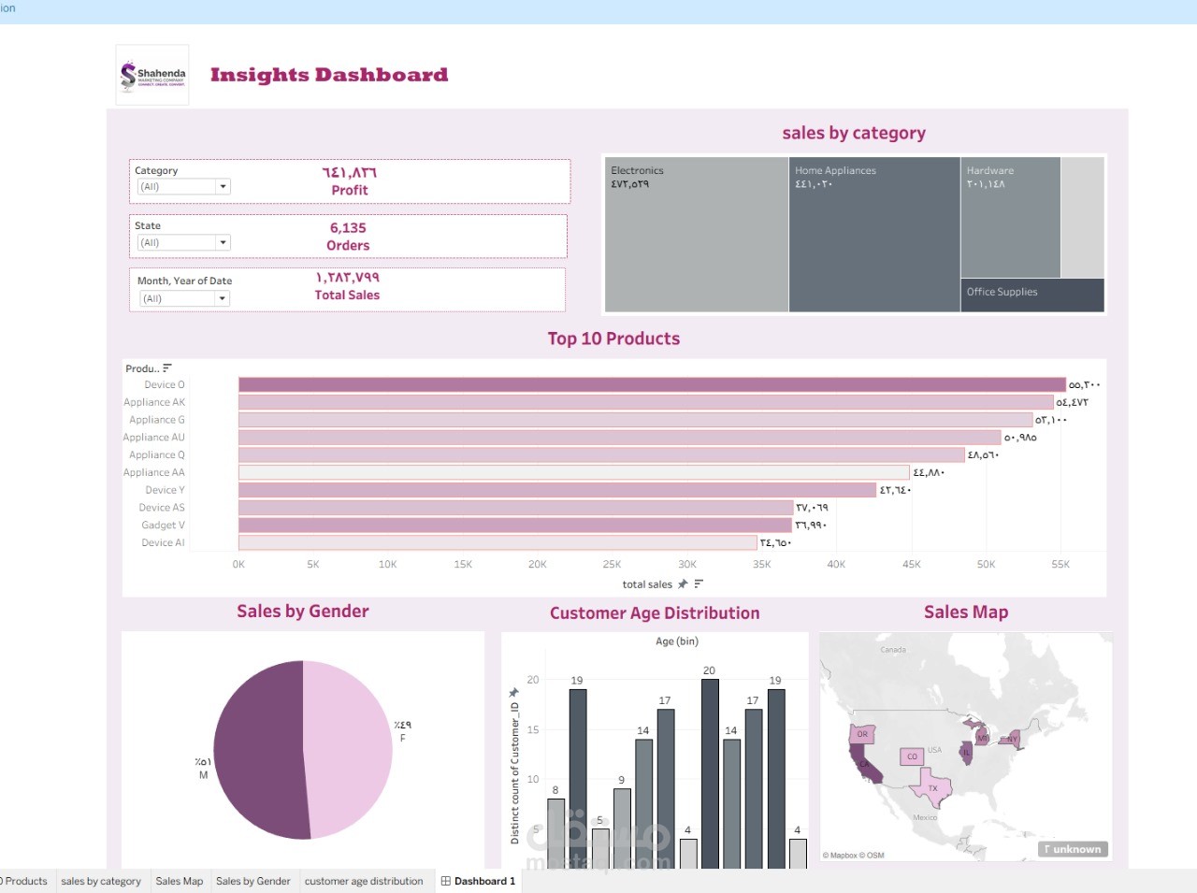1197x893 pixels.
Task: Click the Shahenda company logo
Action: pyautogui.click(x=152, y=75)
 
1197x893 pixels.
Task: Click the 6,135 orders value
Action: pyautogui.click(x=348, y=228)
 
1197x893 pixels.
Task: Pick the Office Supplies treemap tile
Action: pyautogui.click(x=1031, y=295)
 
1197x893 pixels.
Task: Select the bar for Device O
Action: pyautogui.click(x=651, y=384)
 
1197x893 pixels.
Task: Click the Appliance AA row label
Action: pyautogui.click(x=154, y=473)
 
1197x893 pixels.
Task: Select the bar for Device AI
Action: pyautogui.click(x=497, y=543)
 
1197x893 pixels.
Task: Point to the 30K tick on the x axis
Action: pyautogui.click(x=686, y=565)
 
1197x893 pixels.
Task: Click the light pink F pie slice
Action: pyautogui.click(x=351, y=748)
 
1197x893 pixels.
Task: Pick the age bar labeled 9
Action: pyautogui.click(x=622, y=828)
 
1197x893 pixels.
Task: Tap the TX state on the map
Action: pyautogui.click(x=932, y=788)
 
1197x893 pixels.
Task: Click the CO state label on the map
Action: pyautogui.click(x=912, y=756)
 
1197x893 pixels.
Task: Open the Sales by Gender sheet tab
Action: pyautogui.click(x=252, y=881)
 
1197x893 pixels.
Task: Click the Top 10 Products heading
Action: pyautogui.click(x=613, y=339)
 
